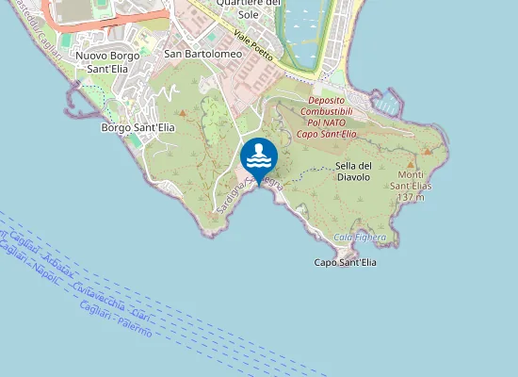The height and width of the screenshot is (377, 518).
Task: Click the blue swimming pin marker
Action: click(x=259, y=155)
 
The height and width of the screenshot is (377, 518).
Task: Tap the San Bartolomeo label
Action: click(x=198, y=54)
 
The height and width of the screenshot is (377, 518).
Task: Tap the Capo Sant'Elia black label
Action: click(x=345, y=262)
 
